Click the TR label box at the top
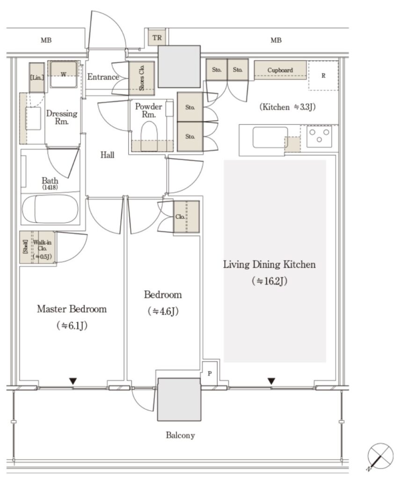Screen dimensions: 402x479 tap(157, 37)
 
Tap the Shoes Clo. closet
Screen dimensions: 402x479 tap(141, 78)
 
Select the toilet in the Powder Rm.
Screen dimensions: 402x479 tap(149, 136)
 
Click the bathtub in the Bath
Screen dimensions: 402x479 tap(50, 209)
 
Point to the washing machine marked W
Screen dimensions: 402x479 tap(63, 74)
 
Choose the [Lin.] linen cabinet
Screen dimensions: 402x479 tap(37, 77)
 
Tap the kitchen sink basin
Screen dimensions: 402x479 tap(270, 138)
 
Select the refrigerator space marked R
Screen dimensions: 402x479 tap(323, 75)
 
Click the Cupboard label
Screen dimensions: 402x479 tap(280, 70)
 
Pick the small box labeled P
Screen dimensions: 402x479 tap(209, 373)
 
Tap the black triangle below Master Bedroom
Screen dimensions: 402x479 tap(73, 381)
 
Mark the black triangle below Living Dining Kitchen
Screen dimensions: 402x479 tap(271, 381)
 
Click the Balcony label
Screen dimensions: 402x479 tap(180, 435)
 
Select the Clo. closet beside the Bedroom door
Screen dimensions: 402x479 tap(186, 217)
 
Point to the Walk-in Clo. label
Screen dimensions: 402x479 tap(42, 249)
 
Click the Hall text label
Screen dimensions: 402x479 tap(107, 155)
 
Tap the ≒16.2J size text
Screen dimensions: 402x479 tap(270, 281)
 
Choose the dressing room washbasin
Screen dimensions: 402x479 tap(33, 118)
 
